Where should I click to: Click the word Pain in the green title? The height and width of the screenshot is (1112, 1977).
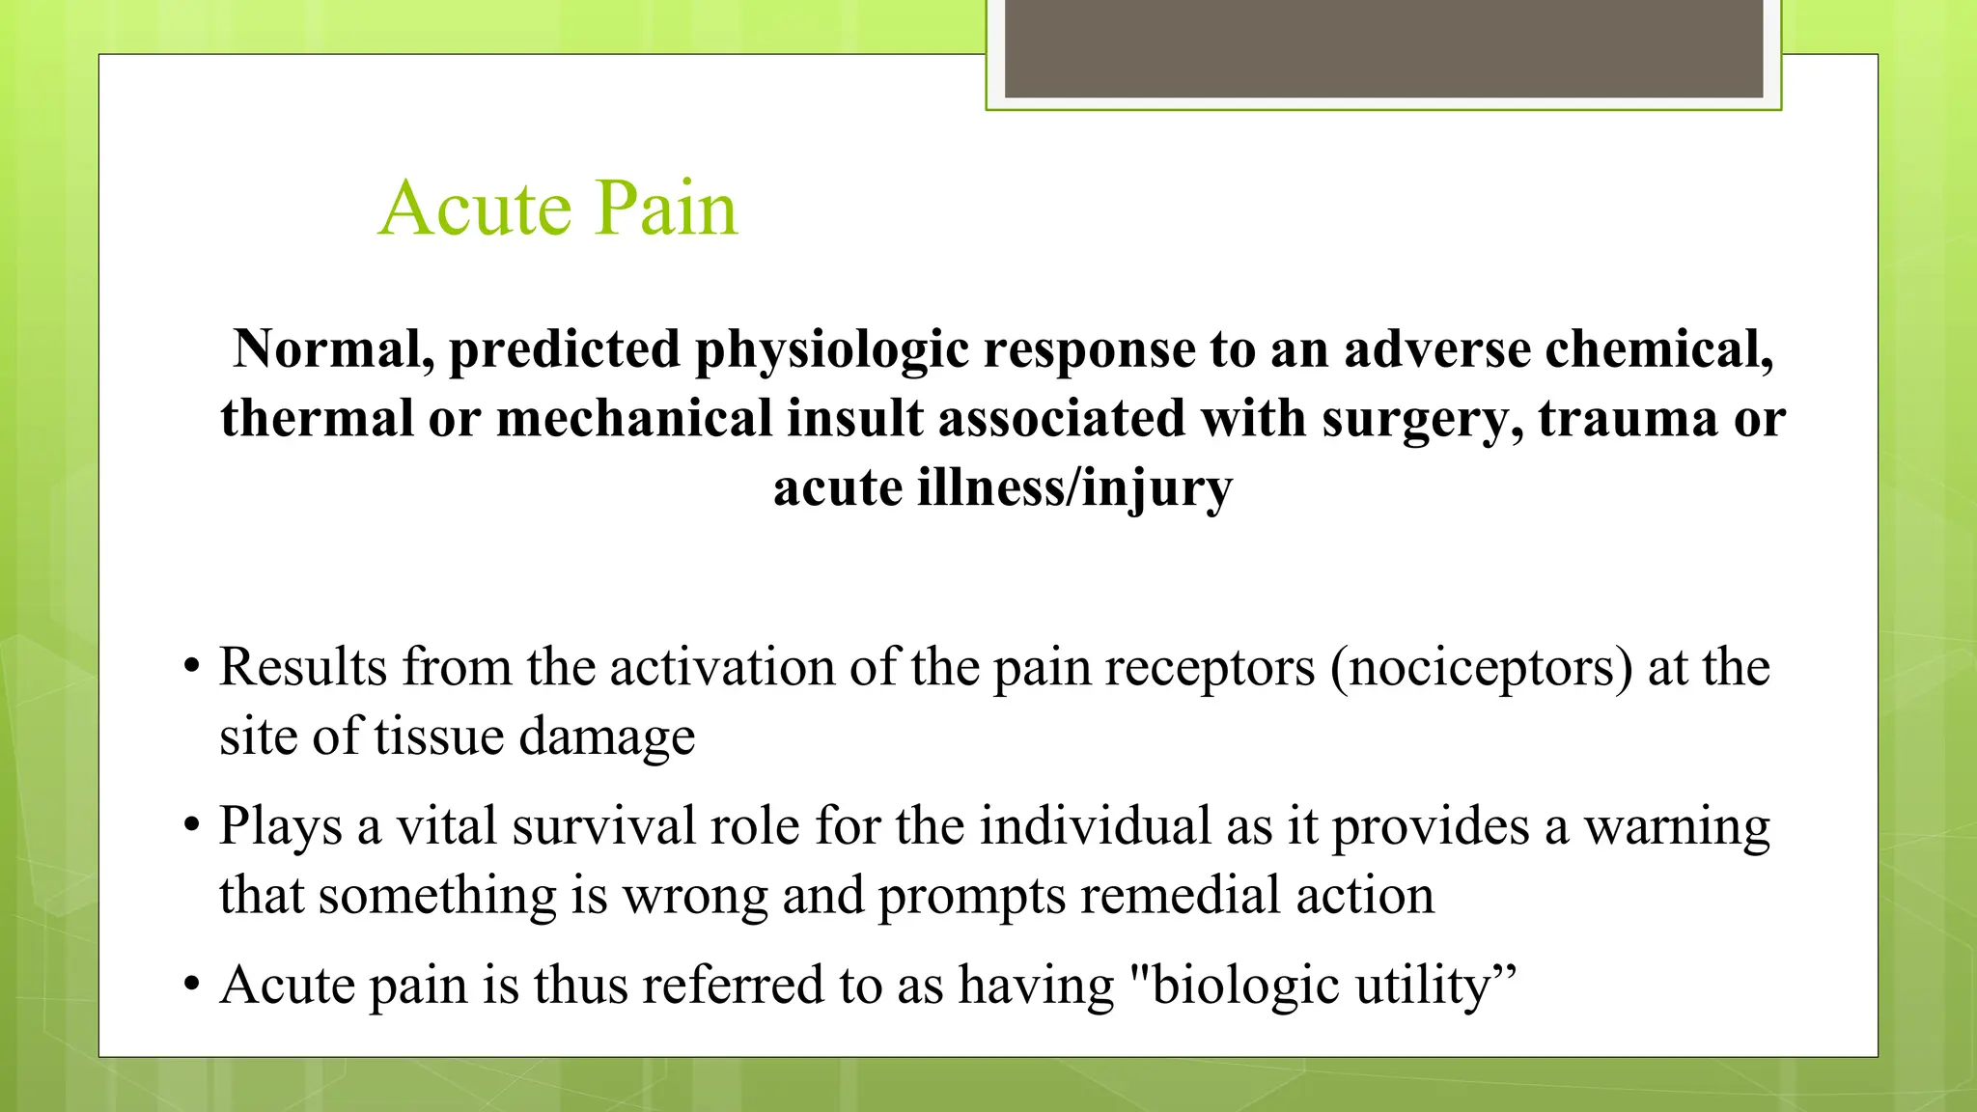[665, 208]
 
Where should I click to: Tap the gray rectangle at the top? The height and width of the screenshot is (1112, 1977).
[1383, 48]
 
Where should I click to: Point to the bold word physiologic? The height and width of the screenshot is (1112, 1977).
[831, 350]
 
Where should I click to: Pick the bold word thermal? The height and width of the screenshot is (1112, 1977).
[317, 418]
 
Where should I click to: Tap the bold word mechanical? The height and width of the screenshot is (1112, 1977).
[634, 418]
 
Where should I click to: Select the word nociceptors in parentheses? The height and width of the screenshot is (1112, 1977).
[1482, 667]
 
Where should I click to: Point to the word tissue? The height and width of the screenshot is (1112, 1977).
[439, 737]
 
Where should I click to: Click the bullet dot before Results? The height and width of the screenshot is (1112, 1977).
[192, 667]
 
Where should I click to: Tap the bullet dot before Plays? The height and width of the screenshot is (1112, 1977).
[192, 826]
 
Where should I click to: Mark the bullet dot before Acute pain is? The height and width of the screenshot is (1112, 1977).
[192, 986]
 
